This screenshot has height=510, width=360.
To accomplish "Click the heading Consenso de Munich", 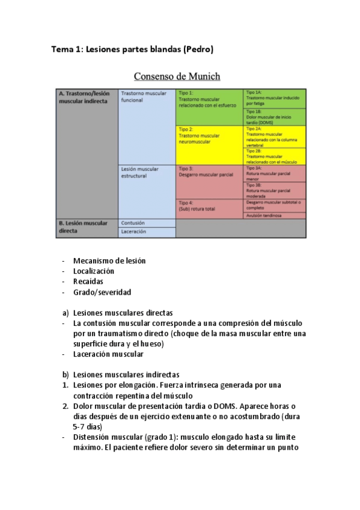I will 177,76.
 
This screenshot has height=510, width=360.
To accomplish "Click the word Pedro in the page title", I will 197,49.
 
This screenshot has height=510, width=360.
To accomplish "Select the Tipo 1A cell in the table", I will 274,99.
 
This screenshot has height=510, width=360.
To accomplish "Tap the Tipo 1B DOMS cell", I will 274,117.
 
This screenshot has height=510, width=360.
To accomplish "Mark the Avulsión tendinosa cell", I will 274,215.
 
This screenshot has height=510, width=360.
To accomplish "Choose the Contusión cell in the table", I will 147,223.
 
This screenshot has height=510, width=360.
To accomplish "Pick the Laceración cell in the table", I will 147,232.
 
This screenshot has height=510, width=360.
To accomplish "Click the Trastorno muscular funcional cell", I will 147,97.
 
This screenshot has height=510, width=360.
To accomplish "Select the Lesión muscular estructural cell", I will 147,173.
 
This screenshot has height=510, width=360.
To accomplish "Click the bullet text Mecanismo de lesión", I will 109,260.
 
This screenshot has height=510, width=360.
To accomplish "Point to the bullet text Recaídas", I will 88,281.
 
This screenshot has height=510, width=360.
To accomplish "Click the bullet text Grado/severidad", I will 102,292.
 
